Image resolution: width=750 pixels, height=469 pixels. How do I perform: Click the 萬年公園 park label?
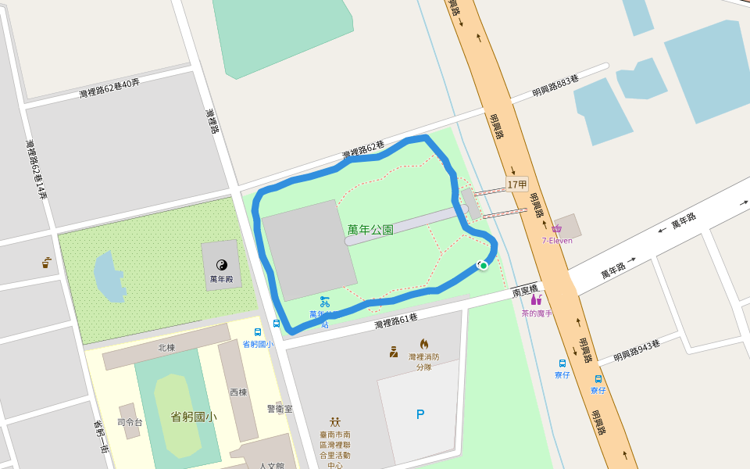[370, 230]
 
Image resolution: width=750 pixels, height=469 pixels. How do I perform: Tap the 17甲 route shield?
[517, 184]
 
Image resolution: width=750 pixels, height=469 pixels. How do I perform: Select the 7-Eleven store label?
[557, 240]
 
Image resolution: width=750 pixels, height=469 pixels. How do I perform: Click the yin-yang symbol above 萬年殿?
[221, 265]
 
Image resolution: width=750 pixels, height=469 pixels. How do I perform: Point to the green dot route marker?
[484, 266]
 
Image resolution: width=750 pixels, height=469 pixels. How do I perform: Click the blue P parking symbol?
[420, 414]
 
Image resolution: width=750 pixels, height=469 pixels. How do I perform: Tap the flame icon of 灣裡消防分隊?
[424, 344]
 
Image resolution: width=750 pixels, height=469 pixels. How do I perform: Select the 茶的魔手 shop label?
[537, 313]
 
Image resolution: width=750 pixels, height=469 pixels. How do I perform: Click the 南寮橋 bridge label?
[526, 292]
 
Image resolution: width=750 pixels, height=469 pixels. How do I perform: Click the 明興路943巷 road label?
[637, 349]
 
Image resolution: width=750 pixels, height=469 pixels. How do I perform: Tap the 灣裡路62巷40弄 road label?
[109, 88]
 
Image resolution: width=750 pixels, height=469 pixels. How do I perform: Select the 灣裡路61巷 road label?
[396, 320]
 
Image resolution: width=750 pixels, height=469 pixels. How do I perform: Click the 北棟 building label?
[166, 348]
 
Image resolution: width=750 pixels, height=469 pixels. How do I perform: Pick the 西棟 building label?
[237, 392]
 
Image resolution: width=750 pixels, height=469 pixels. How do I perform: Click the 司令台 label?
[130, 422]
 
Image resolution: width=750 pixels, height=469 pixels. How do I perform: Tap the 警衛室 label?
[279, 409]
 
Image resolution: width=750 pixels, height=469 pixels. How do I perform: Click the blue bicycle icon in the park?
[325, 300]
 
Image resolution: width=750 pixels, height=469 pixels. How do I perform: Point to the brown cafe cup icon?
[46, 263]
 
